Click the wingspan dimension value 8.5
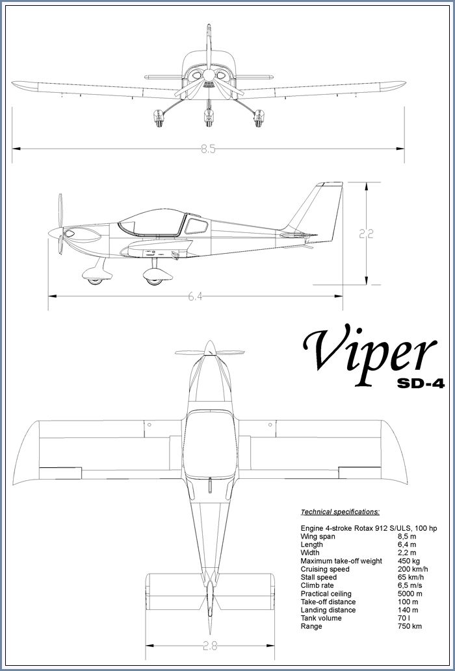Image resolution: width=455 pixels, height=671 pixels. click(x=208, y=149)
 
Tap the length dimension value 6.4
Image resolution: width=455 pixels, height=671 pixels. click(x=196, y=296)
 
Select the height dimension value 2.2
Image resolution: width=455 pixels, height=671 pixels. click(x=367, y=234)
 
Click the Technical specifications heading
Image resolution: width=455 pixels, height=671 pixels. click(x=340, y=512)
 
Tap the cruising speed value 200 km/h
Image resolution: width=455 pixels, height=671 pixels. click(x=413, y=569)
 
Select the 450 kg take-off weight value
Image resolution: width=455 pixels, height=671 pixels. click(x=409, y=561)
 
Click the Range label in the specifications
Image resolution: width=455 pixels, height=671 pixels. click(x=311, y=626)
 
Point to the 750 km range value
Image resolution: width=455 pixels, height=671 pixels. click(x=409, y=626)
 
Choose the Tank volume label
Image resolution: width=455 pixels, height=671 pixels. click(x=321, y=618)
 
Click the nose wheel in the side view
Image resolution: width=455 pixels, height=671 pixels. click(x=95, y=281)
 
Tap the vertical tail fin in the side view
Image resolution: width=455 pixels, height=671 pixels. click(x=318, y=211)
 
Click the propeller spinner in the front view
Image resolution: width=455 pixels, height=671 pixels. click(x=209, y=75)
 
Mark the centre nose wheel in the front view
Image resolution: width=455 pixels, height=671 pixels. click(x=209, y=117)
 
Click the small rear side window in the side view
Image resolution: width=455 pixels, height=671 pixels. click(x=196, y=226)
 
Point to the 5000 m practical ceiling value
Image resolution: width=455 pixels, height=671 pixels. click(x=409, y=594)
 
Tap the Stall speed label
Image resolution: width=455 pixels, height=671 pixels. click(x=318, y=578)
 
